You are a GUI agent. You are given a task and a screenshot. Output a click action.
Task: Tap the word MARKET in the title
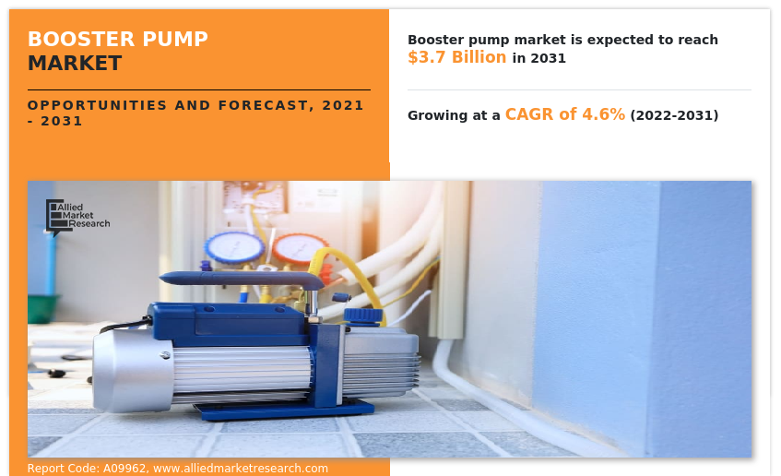(x=75, y=64)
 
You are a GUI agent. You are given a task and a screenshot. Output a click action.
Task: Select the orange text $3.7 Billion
(x=456, y=57)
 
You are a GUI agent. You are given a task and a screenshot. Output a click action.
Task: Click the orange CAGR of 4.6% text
(x=564, y=114)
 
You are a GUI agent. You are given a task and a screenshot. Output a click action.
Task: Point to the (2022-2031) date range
(x=674, y=115)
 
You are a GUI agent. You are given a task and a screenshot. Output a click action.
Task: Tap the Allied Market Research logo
(x=77, y=216)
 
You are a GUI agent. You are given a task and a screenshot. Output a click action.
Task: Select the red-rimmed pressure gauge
(x=299, y=247)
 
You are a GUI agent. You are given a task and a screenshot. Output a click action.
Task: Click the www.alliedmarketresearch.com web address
(x=241, y=469)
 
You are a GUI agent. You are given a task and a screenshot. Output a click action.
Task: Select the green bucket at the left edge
(x=41, y=307)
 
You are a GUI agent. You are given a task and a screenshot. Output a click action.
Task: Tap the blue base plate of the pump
(x=277, y=411)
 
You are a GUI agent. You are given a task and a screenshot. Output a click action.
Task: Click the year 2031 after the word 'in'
(x=548, y=58)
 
